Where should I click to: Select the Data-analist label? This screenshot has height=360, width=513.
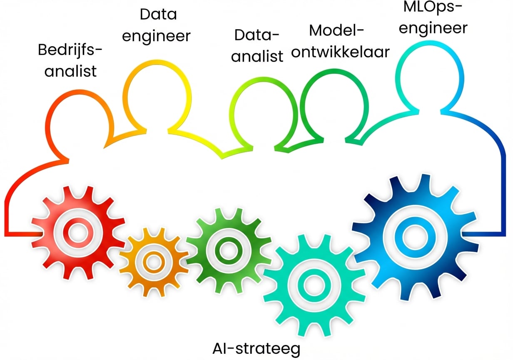point(257,45)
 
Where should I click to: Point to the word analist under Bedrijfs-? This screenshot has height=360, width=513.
point(71,71)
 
